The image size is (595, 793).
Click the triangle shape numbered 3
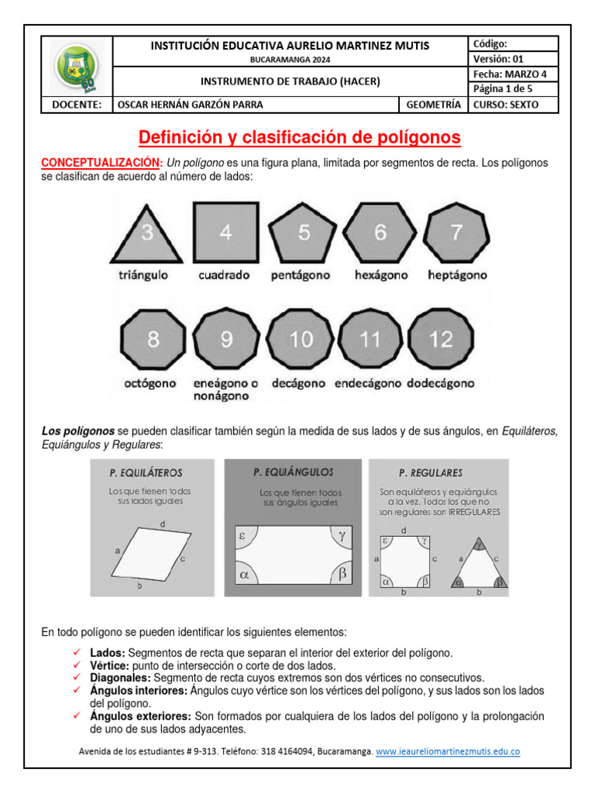tap(147, 235)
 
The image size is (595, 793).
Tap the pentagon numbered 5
tap(303, 232)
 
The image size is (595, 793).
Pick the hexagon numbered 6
tap(380, 232)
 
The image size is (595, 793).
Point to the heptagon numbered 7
tap(457, 232)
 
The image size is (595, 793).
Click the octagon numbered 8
tap(153, 339)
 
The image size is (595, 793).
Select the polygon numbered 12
tap(441, 339)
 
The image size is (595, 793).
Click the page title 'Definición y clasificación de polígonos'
tap(299, 138)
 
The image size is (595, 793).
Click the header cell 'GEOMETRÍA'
tap(432, 105)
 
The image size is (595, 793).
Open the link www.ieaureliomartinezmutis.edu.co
tap(448, 751)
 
